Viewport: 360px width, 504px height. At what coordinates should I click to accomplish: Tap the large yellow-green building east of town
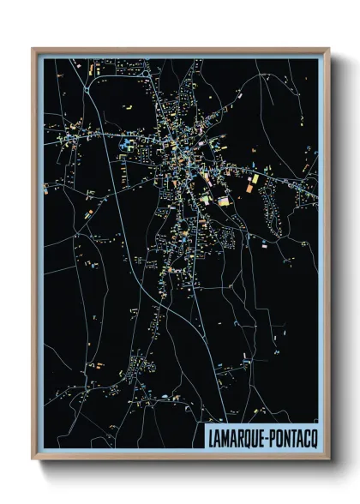224,201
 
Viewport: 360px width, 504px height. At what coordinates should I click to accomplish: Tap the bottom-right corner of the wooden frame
328,459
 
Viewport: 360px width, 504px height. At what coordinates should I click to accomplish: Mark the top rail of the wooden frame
180,50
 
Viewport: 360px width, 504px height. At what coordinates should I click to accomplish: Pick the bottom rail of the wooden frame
180,459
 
